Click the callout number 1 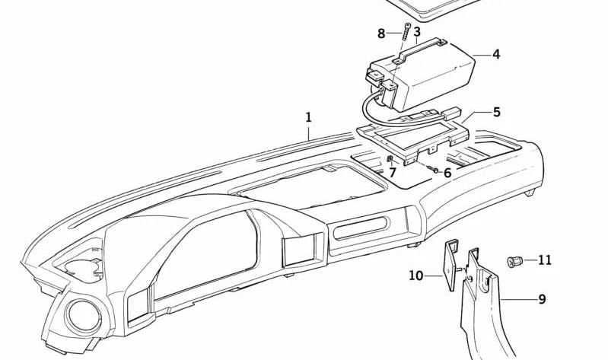click(308, 117)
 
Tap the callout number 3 click(417, 31)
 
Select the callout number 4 click(496, 54)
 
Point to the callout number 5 click(497, 113)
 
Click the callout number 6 click(447, 173)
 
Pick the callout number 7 click(393, 173)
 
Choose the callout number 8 click(381, 33)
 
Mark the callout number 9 click(542, 299)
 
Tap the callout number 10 click(416, 276)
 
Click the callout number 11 click(544, 260)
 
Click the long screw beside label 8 click(407, 32)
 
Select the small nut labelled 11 click(515, 262)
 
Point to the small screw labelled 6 click(432, 169)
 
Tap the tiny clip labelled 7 click(390, 158)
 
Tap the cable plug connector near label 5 click(452, 113)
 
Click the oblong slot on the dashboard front click(361, 228)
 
